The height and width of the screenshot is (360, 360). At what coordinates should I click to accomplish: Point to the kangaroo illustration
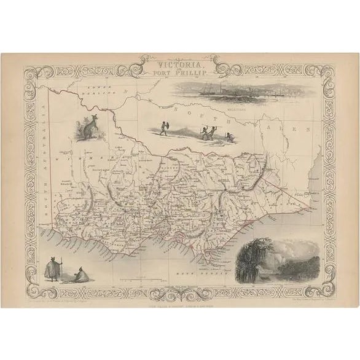point(84,127)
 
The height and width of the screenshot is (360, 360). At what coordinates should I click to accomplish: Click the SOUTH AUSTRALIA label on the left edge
point(44,166)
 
